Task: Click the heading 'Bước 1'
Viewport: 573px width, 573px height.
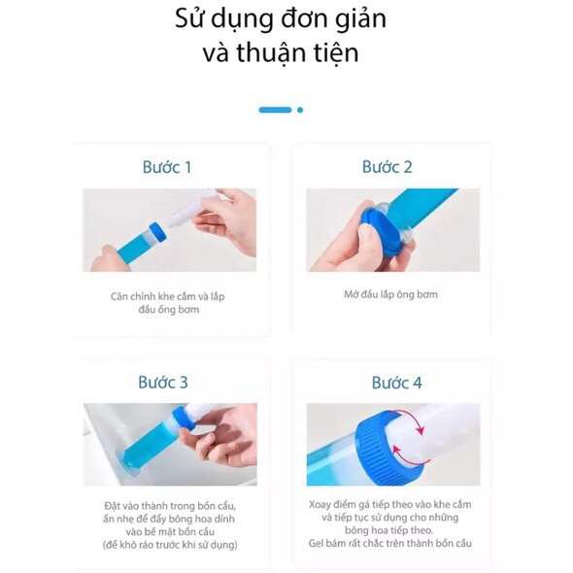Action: coord(167,167)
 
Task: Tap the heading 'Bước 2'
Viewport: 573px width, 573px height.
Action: coord(388,167)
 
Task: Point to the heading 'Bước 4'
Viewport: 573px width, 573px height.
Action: coord(397,383)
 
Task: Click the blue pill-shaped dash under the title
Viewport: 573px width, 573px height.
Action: coord(275,110)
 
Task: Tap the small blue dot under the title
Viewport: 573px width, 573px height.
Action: coord(300,110)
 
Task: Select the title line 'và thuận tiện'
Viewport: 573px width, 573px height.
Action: coord(281,52)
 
